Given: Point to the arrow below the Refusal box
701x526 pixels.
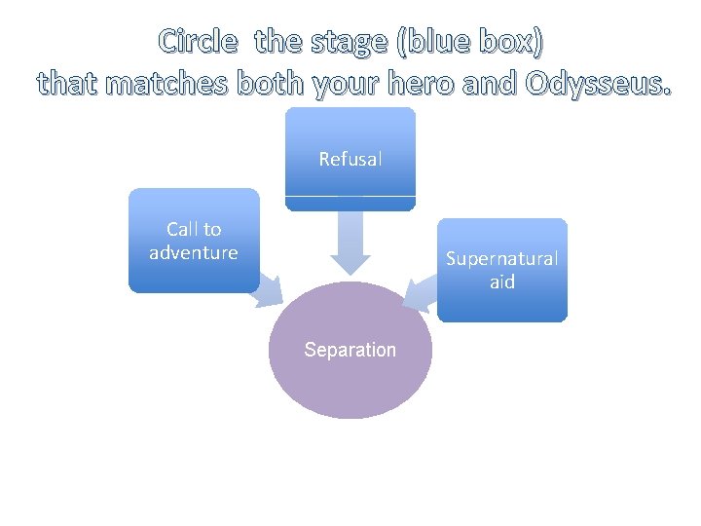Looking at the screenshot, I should coord(350,242).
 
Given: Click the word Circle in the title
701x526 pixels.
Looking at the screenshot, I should coord(198,42).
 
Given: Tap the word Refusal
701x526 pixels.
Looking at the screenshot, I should coord(350,159).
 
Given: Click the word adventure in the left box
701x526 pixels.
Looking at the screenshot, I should coord(194,253).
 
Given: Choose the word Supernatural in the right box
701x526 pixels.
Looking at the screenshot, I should coord(501,259).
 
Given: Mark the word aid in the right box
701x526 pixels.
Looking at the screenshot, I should coord(501,282).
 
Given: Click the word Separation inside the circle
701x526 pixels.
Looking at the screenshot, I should coord(350,350).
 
